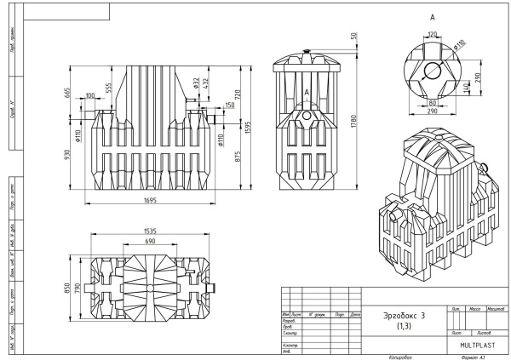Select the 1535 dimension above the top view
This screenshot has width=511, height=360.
[153, 230]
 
